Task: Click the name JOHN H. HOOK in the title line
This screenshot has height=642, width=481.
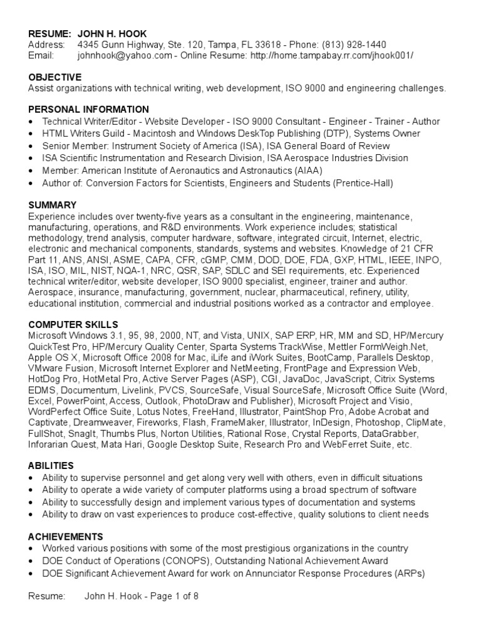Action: tap(113, 33)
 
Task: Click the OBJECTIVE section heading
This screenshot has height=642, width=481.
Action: tap(55, 77)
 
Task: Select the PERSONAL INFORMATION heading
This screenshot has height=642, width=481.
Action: tap(89, 110)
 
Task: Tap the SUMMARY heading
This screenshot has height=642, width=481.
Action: tap(53, 205)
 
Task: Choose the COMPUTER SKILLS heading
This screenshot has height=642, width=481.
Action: tap(73, 325)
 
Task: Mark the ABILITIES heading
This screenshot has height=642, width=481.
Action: tap(51, 466)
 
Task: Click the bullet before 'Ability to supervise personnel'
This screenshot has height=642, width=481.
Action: tap(31, 478)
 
